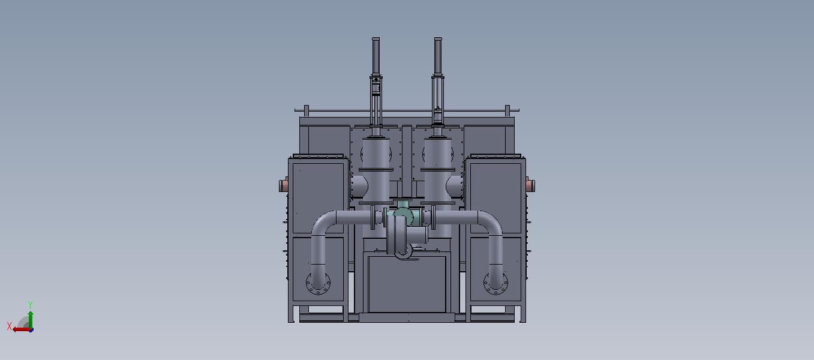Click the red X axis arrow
click(x=22, y=330)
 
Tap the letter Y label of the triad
click(x=31, y=305)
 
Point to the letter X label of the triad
click(x=10, y=326)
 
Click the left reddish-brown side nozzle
click(x=284, y=184)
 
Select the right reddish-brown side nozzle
click(x=530, y=184)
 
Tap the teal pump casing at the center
click(x=403, y=215)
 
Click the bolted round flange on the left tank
click(x=319, y=283)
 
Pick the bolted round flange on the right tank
click(x=495, y=283)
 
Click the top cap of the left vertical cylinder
click(x=376, y=39)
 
